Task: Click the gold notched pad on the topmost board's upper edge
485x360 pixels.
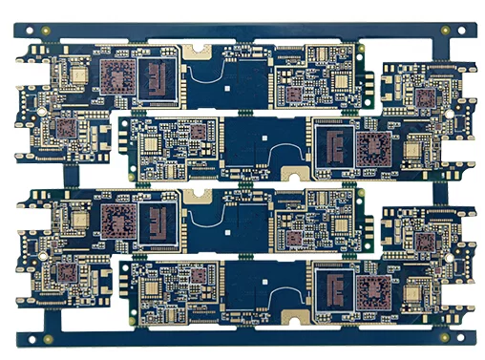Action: (199, 50)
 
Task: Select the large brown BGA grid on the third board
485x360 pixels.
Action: (119, 222)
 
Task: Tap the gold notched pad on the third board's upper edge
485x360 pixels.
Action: (199, 196)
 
